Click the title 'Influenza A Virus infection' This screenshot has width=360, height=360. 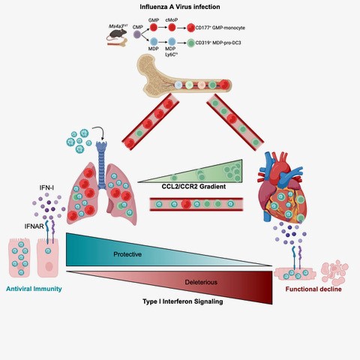(181, 7)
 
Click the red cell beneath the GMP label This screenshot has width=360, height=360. (153, 26)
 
